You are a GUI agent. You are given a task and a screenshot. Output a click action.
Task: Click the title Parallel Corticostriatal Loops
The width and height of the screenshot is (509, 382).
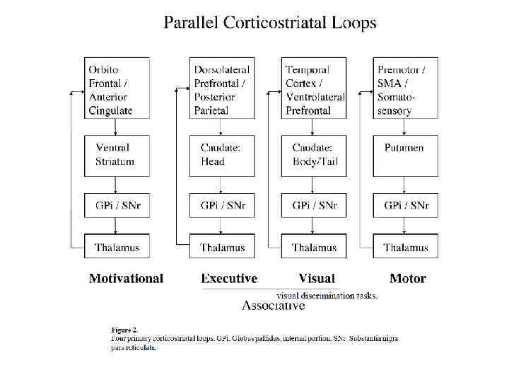[x=269, y=23]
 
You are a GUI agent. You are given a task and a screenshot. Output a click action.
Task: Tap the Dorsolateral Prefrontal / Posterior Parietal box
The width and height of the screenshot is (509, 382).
[x=222, y=88]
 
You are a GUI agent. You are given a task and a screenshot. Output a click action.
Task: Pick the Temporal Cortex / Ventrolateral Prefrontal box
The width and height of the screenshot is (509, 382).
[x=314, y=88]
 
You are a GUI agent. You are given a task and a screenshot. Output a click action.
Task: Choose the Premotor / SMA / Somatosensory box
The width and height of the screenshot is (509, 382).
[x=406, y=88]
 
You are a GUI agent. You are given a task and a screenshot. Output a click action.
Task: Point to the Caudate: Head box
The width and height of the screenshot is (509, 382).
[x=222, y=154]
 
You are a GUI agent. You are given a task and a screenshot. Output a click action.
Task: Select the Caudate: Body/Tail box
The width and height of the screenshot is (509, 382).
[x=314, y=154]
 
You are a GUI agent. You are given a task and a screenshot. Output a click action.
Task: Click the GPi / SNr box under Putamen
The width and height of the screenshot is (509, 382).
[x=406, y=206]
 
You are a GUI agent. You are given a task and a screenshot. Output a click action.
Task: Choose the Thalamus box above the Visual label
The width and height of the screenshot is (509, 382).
[x=314, y=247]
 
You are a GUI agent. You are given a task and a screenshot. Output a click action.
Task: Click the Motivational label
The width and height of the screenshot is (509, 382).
[x=126, y=279]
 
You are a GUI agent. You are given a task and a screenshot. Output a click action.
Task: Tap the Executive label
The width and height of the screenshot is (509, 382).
[x=229, y=279]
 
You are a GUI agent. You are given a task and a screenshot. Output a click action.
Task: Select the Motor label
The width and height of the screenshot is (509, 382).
[x=408, y=279]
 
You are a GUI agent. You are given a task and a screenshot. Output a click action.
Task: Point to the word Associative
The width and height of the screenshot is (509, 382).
[x=274, y=306]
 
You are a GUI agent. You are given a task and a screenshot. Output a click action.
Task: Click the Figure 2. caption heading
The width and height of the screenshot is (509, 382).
[x=125, y=330]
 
